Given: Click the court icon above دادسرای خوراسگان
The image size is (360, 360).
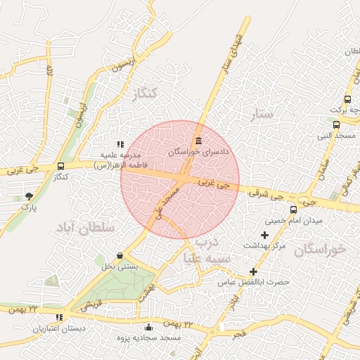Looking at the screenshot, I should coord(198,140).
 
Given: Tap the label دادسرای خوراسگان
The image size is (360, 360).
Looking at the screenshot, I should coord(195,150).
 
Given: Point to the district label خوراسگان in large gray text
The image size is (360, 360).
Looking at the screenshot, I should coord(321,249).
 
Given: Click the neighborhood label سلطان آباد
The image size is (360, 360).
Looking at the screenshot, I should coord(83,226).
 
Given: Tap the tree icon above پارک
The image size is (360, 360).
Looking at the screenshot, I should coord(28,196).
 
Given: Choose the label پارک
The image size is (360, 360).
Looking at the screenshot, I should coord(28,207).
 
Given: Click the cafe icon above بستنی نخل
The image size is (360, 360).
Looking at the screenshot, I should coord(120,255).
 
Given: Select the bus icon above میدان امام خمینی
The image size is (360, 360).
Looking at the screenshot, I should coord(293,210).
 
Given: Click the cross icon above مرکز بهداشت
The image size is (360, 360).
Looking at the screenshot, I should coord(264,235).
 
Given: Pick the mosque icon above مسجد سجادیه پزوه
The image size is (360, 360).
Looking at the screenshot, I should coord(148,327).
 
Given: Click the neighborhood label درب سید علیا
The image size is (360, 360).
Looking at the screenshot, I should coord(207,250).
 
